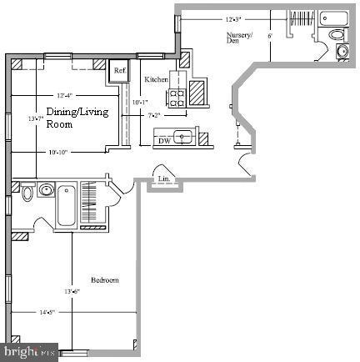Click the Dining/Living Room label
point(70,118)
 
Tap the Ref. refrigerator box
point(120,71)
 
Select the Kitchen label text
point(157,78)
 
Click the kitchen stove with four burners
point(177,97)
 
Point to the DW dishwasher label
point(166,141)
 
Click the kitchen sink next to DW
point(185,138)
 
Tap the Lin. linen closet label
point(164,177)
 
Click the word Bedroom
point(104,280)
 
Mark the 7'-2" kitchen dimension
point(155,115)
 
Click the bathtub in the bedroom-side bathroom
point(65,205)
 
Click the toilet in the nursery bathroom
point(337,36)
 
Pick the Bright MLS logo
point(29,352)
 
